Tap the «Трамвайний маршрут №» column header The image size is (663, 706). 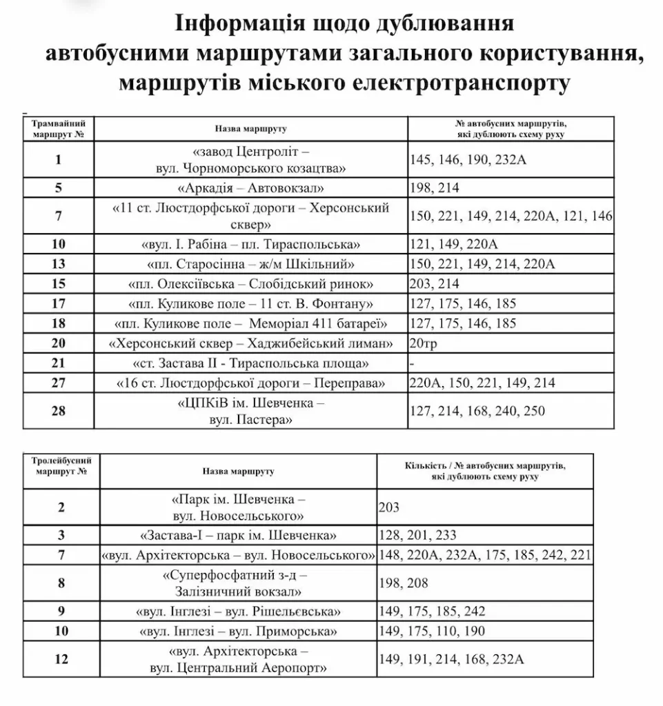click(x=59, y=128)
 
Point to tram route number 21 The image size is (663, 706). click(x=59, y=363)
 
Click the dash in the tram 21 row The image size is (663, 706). click(x=412, y=363)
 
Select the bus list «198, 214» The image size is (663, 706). click(x=434, y=188)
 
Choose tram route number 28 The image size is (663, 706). click(x=59, y=411)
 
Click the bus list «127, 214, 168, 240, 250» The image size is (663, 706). click(x=477, y=411)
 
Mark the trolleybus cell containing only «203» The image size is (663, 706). click(x=389, y=507)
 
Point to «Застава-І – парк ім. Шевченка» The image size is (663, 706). click(x=239, y=535)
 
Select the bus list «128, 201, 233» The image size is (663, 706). click(x=417, y=535)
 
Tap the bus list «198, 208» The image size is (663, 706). click(x=404, y=583)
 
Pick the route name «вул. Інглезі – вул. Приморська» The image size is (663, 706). click(x=239, y=631)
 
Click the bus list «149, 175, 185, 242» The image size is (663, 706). click(x=432, y=611)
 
